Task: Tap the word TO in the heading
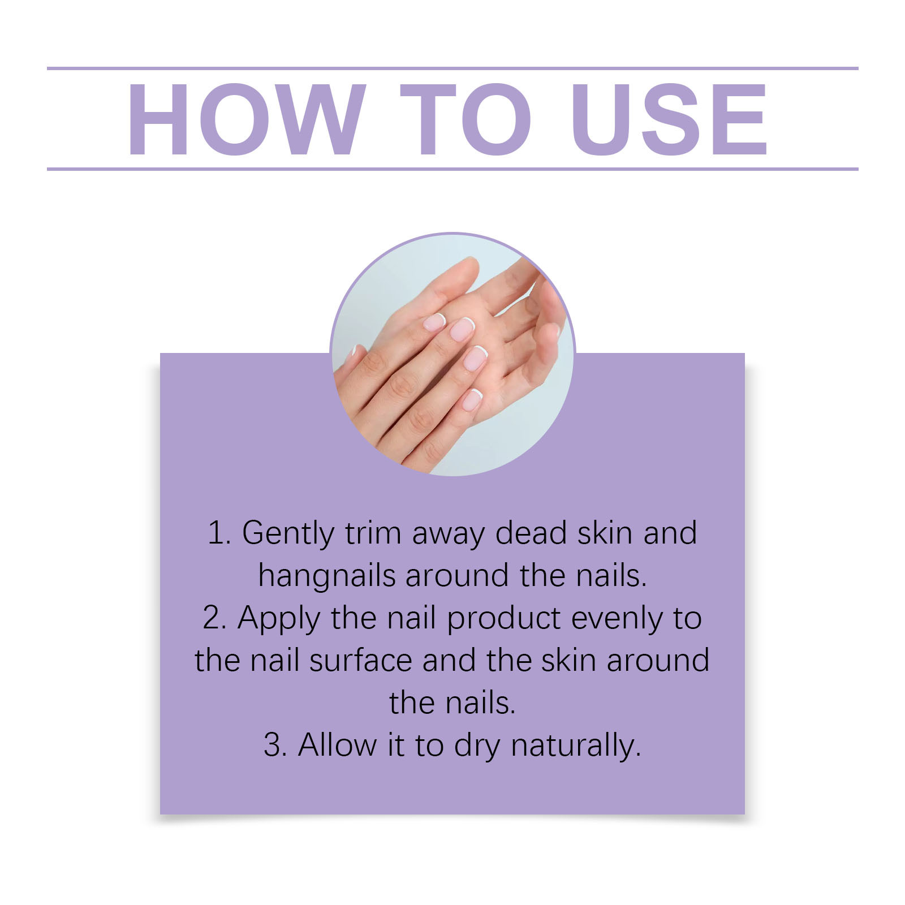tap(465, 119)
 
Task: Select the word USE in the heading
tap(670, 119)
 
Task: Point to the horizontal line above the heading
tap(453, 68)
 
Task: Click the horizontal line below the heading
tap(453, 169)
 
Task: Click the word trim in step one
tap(373, 533)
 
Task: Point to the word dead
tap(531, 532)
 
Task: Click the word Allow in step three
tap(337, 744)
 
